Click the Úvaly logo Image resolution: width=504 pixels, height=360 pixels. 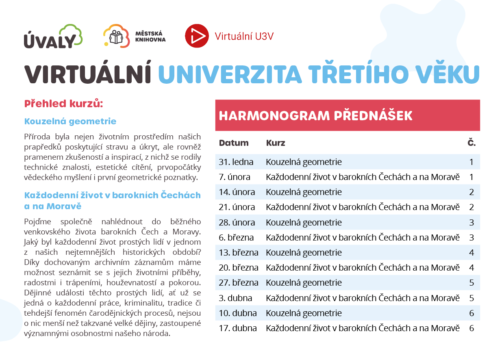tap(53, 37)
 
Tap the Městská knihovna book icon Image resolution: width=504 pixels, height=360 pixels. tap(116, 37)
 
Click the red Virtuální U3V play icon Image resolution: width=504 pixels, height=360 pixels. tap(197, 36)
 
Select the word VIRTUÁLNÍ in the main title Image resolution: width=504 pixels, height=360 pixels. tap(88, 74)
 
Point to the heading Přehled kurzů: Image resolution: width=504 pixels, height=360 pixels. tap(64, 104)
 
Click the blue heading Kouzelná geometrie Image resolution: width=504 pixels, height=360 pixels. tap(70, 121)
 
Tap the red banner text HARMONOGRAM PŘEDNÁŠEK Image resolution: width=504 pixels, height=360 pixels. tap(315, 115)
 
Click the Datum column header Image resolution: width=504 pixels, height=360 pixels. tap(234, 143)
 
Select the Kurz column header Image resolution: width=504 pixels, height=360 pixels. tap(276, 143)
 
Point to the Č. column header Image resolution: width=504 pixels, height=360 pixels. tap(471, 143)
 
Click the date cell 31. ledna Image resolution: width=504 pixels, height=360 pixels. tap(236, 162)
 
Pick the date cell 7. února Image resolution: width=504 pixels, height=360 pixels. tap(235, 177)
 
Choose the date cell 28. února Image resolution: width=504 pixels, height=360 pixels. tap(237, 223)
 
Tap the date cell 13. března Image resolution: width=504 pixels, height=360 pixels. tap(239, 253)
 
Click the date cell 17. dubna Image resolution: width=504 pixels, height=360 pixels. tap(238, 328)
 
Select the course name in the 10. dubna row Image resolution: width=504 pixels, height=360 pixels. tap(304, 313)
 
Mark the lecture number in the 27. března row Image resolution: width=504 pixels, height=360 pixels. tap(471, 283)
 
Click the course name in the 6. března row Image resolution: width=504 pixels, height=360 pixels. tap(363, 238)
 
